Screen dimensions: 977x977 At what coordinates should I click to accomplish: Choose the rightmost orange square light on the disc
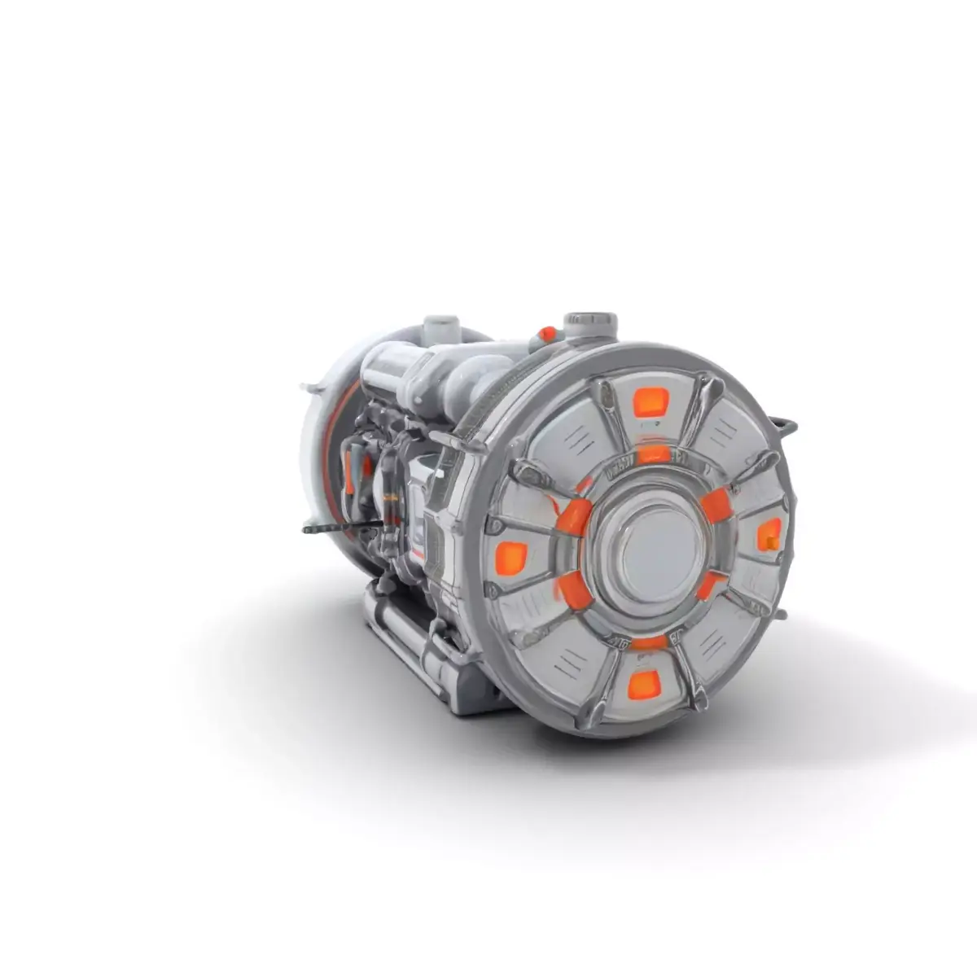tap(769, 535)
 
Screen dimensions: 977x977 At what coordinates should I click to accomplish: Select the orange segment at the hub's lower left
tap(573, 589)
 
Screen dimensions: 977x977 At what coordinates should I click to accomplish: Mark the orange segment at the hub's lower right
tap(711, 584)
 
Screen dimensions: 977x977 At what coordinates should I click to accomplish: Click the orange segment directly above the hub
tap(653, 453)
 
